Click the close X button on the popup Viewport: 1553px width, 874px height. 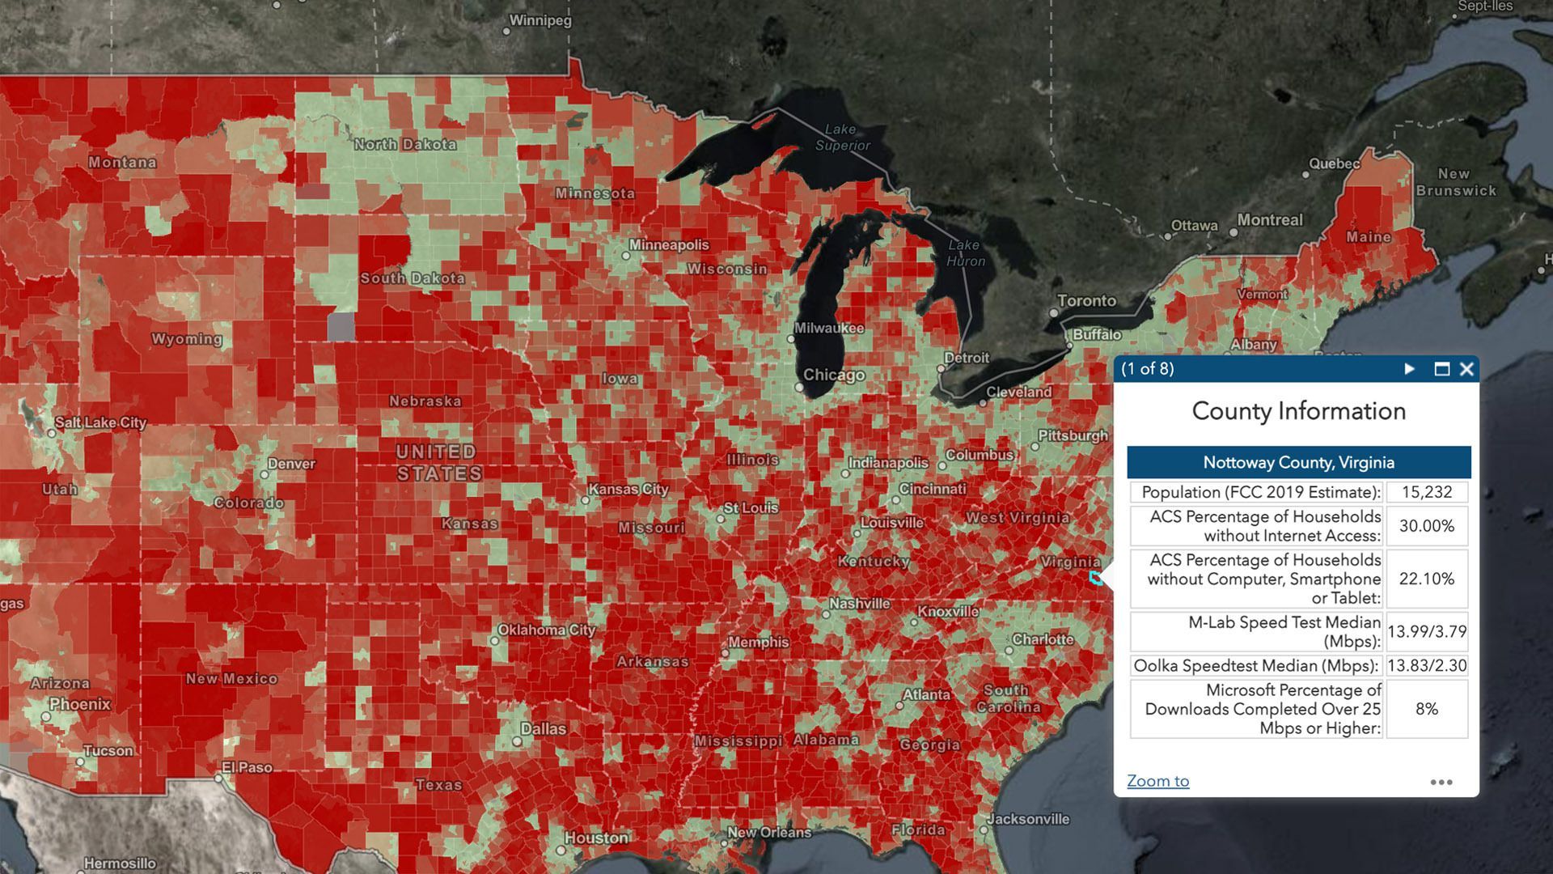tap(1466, 369)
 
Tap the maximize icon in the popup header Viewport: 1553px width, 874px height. tap(1441, 369)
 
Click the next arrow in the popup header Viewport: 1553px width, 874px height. tap(1410, 369)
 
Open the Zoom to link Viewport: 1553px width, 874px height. tap(1157, 781)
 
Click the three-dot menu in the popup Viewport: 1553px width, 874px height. tap(1441, 782)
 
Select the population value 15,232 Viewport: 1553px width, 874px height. tap(1427, 492)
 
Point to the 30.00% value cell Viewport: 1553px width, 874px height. tap(1427, 526)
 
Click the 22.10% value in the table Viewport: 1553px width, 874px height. tap(1427, 579)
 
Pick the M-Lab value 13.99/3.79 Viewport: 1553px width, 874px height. tap(1427, 631)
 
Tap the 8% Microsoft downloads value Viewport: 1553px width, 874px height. tap(1427, 709)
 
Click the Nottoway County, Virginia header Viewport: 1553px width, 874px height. tap(1298, 462)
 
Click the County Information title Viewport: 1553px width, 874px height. tap(1298, 411)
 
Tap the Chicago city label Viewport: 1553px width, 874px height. tap(834, 375)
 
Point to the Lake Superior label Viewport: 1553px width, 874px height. tap(842, 138)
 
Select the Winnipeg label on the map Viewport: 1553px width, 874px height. tap(540, 20)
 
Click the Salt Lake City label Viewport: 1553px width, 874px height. tap(100, 422)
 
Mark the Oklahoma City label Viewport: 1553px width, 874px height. tap(547, 630)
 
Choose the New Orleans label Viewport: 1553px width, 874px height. tap(768, 832)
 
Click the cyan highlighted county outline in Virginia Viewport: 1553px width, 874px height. tap(1096, 578)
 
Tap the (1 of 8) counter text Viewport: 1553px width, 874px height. tap(1147, 369)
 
